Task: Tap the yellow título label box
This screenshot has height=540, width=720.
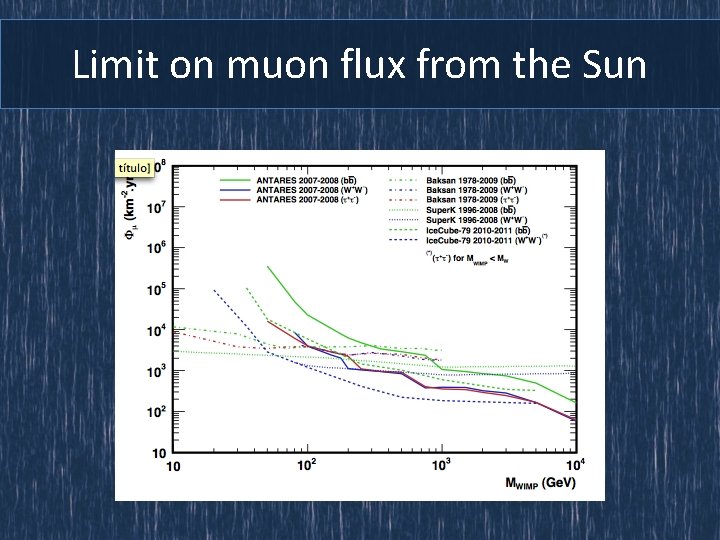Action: coord(135,167)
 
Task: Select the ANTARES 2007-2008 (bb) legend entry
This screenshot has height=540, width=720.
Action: coord(295,182)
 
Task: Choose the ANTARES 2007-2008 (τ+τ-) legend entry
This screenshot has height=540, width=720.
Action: coord(295,200)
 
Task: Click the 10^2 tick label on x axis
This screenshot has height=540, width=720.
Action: coord(308,465)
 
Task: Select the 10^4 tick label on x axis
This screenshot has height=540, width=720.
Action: coord(575,465)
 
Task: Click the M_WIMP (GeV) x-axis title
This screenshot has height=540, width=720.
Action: coord(539,486)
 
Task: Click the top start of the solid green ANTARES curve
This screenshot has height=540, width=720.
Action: coord(267,267)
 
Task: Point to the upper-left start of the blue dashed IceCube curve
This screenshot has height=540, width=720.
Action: coord(215,291)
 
